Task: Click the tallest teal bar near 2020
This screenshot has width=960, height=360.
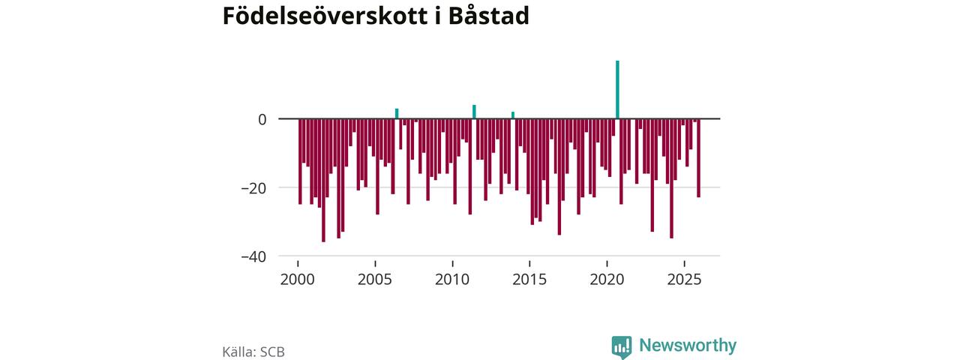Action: (617, 89)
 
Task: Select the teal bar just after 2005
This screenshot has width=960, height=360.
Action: (397, 114)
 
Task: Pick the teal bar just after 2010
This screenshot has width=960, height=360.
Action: (474, 112)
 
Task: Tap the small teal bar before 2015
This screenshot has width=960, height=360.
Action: (513, 115)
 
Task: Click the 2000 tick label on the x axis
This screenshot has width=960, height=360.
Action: (298, 280)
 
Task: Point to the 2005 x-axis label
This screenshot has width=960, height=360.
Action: (375, 280)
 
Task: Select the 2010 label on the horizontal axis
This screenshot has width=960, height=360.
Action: (452, 280)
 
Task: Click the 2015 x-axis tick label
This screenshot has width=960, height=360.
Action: (529, 280)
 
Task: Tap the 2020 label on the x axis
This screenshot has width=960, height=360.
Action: (607, 280)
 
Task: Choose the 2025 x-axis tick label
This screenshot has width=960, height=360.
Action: (685, 280)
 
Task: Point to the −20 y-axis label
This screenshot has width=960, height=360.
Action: (253, 187)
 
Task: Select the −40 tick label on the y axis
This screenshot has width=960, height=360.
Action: (253, 256)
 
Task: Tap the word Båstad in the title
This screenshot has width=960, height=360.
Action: (488, 16)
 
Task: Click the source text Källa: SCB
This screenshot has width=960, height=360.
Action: (253, 351)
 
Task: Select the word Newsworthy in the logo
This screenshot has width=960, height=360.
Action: (688, 346)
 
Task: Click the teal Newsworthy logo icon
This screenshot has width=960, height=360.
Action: (622, 346)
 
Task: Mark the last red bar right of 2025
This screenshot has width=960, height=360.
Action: (698, 158)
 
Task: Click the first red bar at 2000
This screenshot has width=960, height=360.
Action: (300, 161)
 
